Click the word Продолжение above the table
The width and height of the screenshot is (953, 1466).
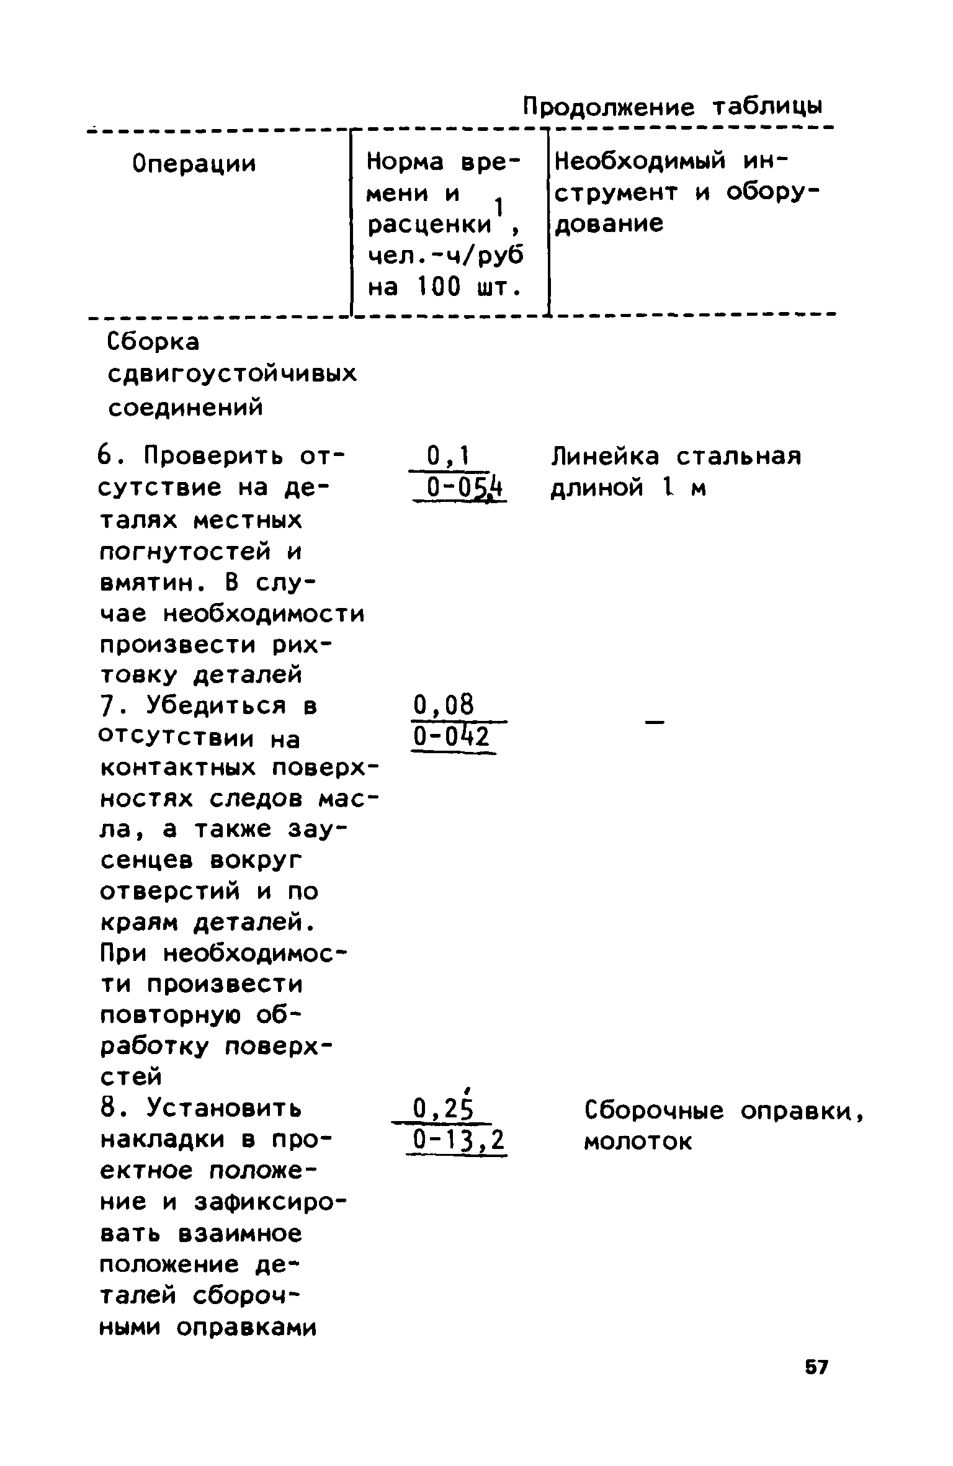pyautogui.click(x=609, y=107)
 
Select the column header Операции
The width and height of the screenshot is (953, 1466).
pyautogui.click(x=194, y=164)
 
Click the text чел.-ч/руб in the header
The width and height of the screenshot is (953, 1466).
pyautogui.click(x=444, y=256)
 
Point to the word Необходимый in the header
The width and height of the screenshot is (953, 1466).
pyautogui.click(x=640, y=163)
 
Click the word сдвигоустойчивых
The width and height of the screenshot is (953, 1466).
pyautogui.click(x=233, y=374)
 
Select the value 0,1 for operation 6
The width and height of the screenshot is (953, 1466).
pyautogui.click(x=448, y=458)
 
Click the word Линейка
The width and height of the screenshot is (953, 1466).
pyautogui.click(x=606, y=457)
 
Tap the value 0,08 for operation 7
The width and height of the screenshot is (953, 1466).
pyautogui.click(x=443, y=705)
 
